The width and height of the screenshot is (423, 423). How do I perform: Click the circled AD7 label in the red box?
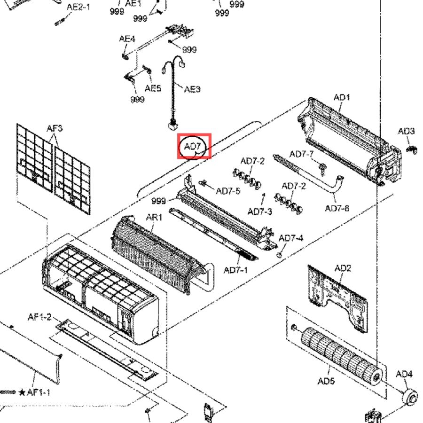[x=192, y=147]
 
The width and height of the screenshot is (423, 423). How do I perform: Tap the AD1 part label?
[x=342, y=97]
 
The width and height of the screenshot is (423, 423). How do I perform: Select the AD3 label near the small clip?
[x=406, y=132]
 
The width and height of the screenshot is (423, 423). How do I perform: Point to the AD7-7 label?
[x=302, y=154]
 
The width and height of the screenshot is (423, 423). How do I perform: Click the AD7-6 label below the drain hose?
[x=337, y=208]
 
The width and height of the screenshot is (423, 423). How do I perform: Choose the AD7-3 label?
[x=260, y=211]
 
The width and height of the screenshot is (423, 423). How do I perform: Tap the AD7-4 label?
[x=291, y=238]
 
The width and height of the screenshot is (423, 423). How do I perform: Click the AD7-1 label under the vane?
[x=235, y=270]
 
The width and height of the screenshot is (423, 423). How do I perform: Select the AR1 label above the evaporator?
[x=154, y=217]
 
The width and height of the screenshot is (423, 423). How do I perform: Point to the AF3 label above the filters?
[x=55, y=128]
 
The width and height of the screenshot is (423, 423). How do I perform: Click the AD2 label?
[x=343, y=268]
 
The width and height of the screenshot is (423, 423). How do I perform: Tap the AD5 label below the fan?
[x=326, y=381]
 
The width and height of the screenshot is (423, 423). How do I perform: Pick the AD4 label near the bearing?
[x=404, y=374]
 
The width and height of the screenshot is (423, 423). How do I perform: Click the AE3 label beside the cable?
[x=192, y=89]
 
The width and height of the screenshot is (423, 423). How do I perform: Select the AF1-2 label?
[x=39, y=317]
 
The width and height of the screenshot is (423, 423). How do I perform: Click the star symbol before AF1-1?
[x=22, y=392]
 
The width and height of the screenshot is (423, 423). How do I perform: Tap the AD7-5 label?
[x=228, y=191]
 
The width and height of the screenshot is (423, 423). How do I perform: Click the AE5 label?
[x=153, y=88]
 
